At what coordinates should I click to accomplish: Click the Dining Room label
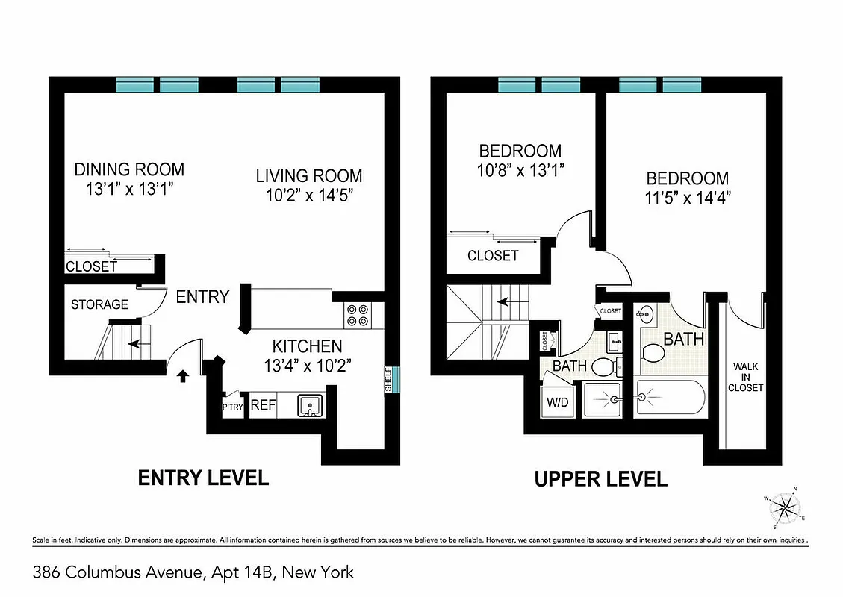pos(129,169)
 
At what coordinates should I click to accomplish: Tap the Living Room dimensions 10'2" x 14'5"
pos(309,196)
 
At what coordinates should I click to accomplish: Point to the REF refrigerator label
pos(263,406)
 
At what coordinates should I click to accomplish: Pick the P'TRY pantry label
pos(231,407)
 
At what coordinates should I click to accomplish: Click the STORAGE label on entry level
pos(99,304)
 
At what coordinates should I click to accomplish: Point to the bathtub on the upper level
pos(670,400)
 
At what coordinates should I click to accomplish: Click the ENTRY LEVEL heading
pos(203,478)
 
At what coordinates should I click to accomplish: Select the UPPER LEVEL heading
pos(600,478)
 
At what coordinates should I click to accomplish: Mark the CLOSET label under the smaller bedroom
pos(493,256)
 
